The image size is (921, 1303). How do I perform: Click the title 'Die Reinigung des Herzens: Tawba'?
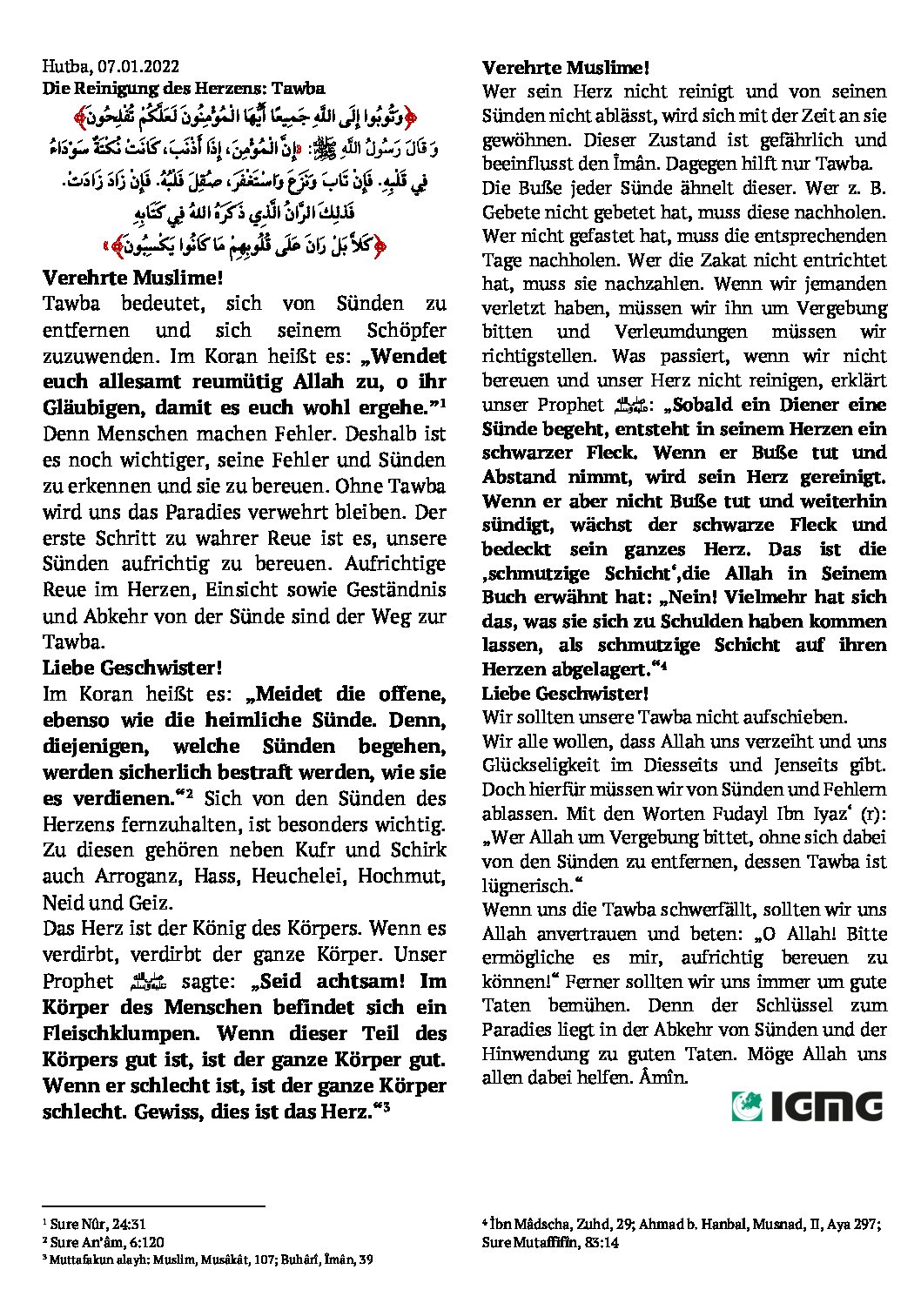(x=184, y=88)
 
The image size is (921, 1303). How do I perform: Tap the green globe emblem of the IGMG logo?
(x=747, y=1105)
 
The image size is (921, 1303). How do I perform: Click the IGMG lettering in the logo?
(x=825, y=1106)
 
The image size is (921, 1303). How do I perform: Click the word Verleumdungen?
(x=681, y=332)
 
